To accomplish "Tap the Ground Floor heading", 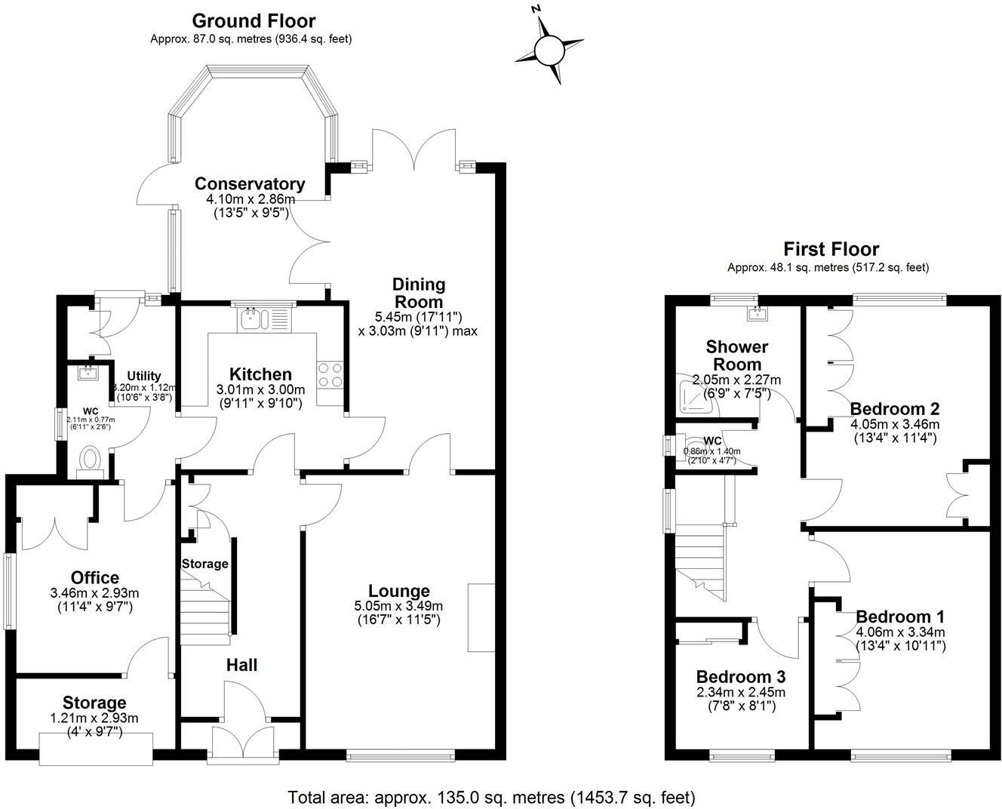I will pyautogui.click(x=254, y=20).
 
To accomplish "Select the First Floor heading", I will pyautogui.click(x=831, y=248).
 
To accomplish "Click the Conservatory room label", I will pyautogui.click(x=249, y=183).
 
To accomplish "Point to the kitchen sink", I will pyautogui.click(x=250, y=320).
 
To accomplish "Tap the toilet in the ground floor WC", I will pyautogui.click(x=91, y=459).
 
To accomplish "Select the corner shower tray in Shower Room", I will pyautogui.click(x=693, y=397).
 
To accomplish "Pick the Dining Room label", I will pyautogui.click(x=418, y=293).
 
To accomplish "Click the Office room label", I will pyautogui.click(x=94, y=579).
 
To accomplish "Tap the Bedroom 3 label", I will pyautogui.click(x=740, y=676).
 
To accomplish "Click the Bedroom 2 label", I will pyautogui.click(x=894, y=409).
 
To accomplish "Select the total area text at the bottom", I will pyautogui.click(x=491, y=797).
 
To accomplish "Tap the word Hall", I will pyautogui.click(x=241, y=665).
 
